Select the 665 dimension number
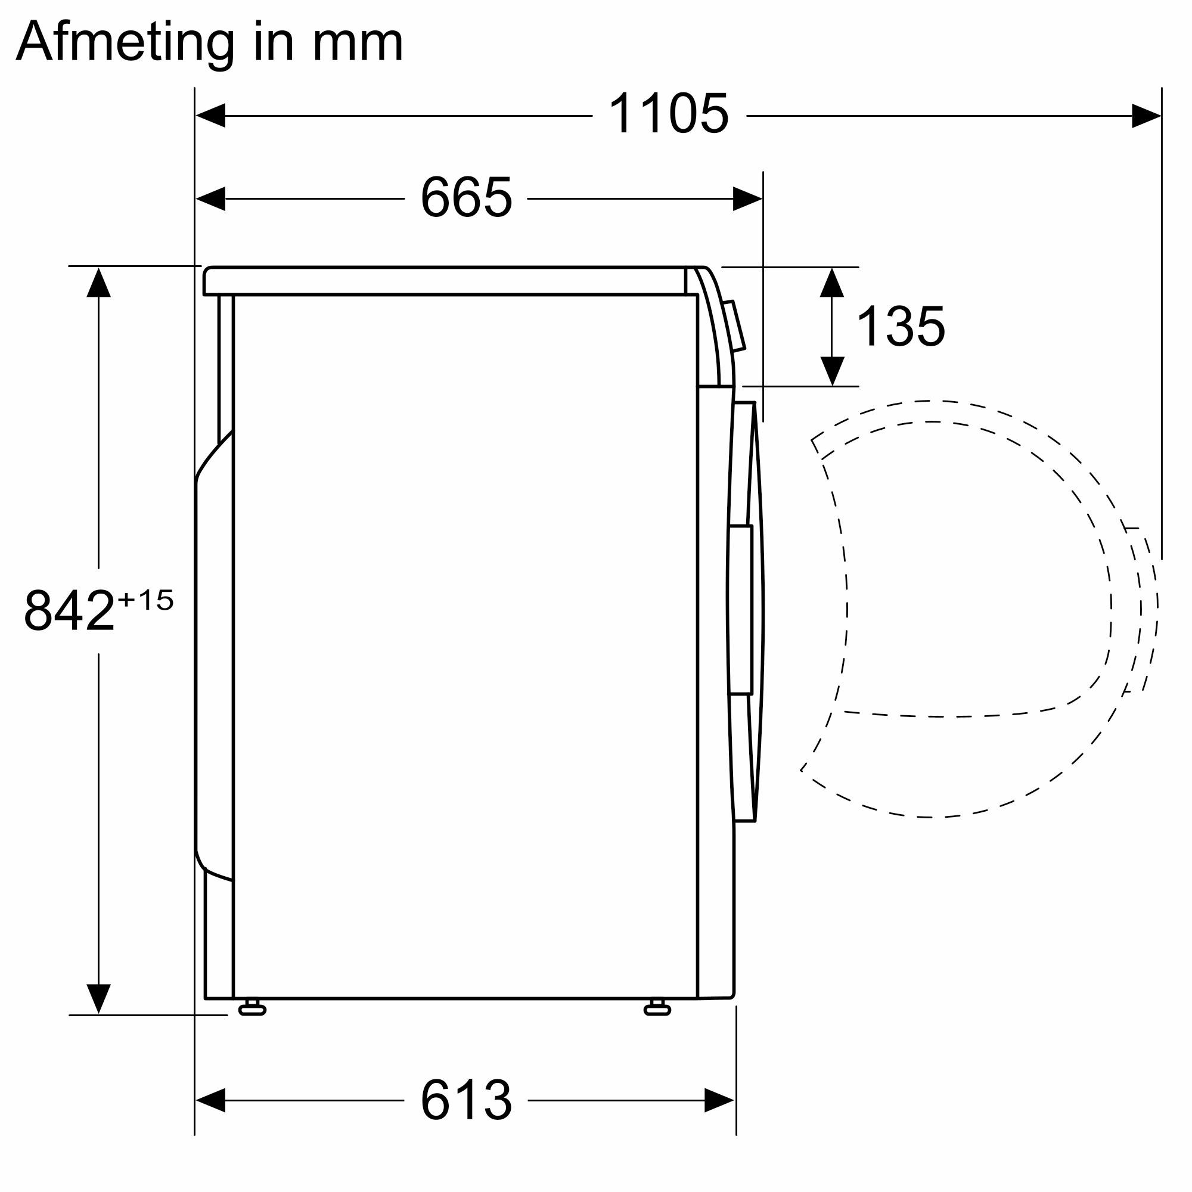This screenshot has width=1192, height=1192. (466, 197)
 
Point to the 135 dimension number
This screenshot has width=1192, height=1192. (900, 327)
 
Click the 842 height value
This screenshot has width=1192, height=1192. (69, 611)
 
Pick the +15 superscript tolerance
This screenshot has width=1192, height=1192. (145, 600)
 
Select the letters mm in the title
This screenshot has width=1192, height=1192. (357, 42)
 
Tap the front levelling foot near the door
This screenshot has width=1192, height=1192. (657, 1008)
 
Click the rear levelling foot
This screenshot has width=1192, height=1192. (252, 1008)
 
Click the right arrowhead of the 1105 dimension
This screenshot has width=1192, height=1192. (1146, 116)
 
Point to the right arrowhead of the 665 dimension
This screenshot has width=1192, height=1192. (748, 198)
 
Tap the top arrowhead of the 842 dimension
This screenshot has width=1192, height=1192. (99, 283)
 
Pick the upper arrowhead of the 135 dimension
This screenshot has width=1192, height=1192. (832, 283)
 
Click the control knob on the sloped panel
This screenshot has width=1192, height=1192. (735, 326)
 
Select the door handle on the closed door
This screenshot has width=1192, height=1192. (740, 610)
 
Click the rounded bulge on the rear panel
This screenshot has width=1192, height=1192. (213, 654)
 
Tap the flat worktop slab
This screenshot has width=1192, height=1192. (444, 281)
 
